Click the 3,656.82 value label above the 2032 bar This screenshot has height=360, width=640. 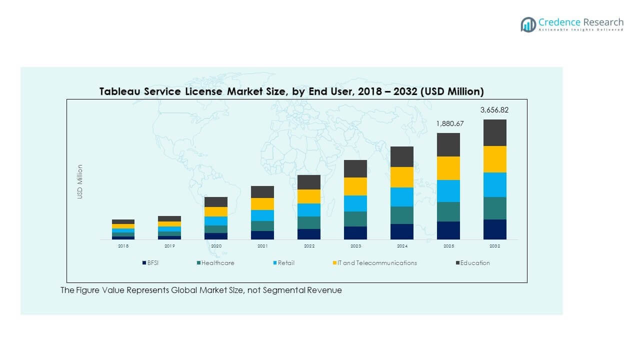494,110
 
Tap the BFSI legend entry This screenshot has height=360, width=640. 150,263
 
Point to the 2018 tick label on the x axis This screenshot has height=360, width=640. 123,246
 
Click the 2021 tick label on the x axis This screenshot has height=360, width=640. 262,246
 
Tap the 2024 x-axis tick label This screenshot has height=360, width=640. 402,246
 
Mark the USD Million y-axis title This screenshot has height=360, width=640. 80,182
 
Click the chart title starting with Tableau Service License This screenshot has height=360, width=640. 291,91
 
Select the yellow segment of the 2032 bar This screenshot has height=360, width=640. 494,159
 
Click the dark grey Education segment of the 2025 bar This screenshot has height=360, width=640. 448,144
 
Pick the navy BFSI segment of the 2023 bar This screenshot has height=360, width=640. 355,233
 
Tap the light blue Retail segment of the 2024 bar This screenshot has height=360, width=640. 402,197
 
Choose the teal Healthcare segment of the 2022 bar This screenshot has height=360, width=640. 309,222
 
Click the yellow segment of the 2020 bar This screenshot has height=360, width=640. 216,211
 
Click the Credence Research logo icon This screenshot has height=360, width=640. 528,24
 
